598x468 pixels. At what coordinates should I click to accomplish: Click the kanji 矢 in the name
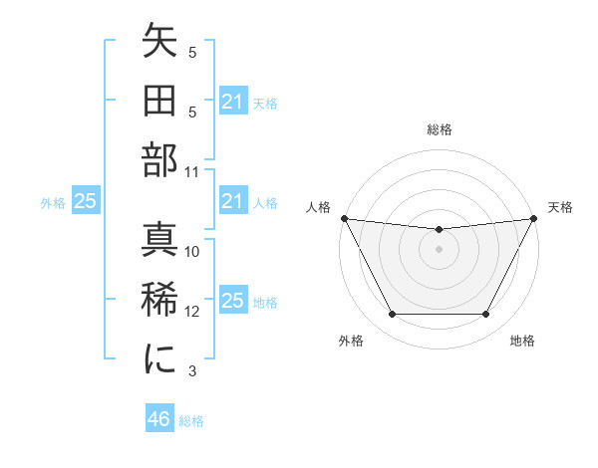pos(159,44)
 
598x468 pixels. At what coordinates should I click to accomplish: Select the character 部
pos(159,158)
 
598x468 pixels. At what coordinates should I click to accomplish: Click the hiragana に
pos(159,357)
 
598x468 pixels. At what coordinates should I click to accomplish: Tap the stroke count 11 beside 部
pos(192,170)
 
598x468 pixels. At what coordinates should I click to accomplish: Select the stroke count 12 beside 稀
pos(192,312)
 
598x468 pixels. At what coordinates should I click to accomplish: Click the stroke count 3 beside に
pos(192,371)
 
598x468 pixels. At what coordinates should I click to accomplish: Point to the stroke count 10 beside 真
pos(192,252)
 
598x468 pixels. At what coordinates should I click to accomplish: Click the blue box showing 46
pos(158,419)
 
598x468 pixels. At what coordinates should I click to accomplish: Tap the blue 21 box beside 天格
pos(232,102)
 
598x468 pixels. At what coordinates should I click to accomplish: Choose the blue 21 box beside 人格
pos(232,202)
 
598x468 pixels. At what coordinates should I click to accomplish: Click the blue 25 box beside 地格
pos(232,302)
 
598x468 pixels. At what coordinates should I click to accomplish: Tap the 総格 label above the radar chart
pos(439,129)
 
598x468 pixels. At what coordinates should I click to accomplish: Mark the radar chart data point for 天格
pos(535,218)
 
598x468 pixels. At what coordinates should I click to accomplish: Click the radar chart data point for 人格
pos(343,218)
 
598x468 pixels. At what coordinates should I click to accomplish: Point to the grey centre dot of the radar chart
pos(439,249)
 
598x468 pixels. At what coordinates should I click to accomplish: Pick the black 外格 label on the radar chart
pos(350,342)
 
